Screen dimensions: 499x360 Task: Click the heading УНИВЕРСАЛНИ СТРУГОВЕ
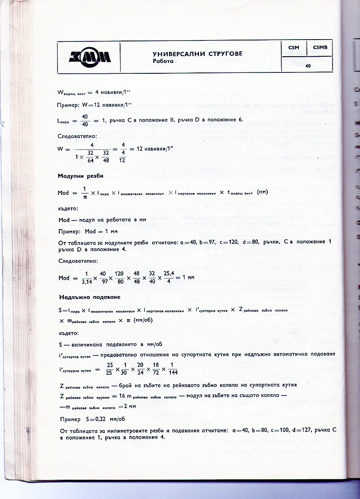(x=201, y=54)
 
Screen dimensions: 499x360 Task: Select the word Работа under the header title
(x=163, y=61)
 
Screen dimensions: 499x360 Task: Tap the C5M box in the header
(x=293, y=47)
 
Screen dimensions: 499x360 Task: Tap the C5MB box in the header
(x=321, y=47)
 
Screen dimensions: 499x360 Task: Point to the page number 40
(x=308, y=66)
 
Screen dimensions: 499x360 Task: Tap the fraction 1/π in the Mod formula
(x=84, y=193)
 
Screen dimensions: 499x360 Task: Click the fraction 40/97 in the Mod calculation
(x=103, y=278)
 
